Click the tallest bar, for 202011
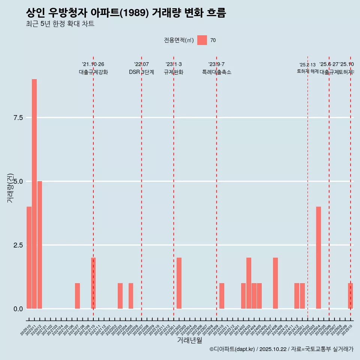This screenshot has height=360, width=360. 34,194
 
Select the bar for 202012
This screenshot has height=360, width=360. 40,245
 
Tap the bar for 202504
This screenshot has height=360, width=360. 318,258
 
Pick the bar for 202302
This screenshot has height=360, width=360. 179,283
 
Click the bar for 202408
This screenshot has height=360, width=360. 276,283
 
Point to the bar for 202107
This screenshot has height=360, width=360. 77,296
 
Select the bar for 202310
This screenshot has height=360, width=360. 222,296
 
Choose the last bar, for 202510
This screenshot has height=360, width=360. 350,296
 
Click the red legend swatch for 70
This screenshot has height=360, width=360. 202,40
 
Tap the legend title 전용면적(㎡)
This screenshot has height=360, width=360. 179,40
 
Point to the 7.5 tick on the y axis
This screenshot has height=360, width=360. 18,118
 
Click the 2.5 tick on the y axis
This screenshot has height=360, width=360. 18,245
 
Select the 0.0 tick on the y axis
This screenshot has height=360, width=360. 18,309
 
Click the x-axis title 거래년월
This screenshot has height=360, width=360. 189,340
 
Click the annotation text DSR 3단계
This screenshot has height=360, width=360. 141,72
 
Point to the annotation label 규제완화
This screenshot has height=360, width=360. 174,72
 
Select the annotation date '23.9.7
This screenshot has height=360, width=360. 216,64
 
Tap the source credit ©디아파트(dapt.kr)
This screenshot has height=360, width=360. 232,349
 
